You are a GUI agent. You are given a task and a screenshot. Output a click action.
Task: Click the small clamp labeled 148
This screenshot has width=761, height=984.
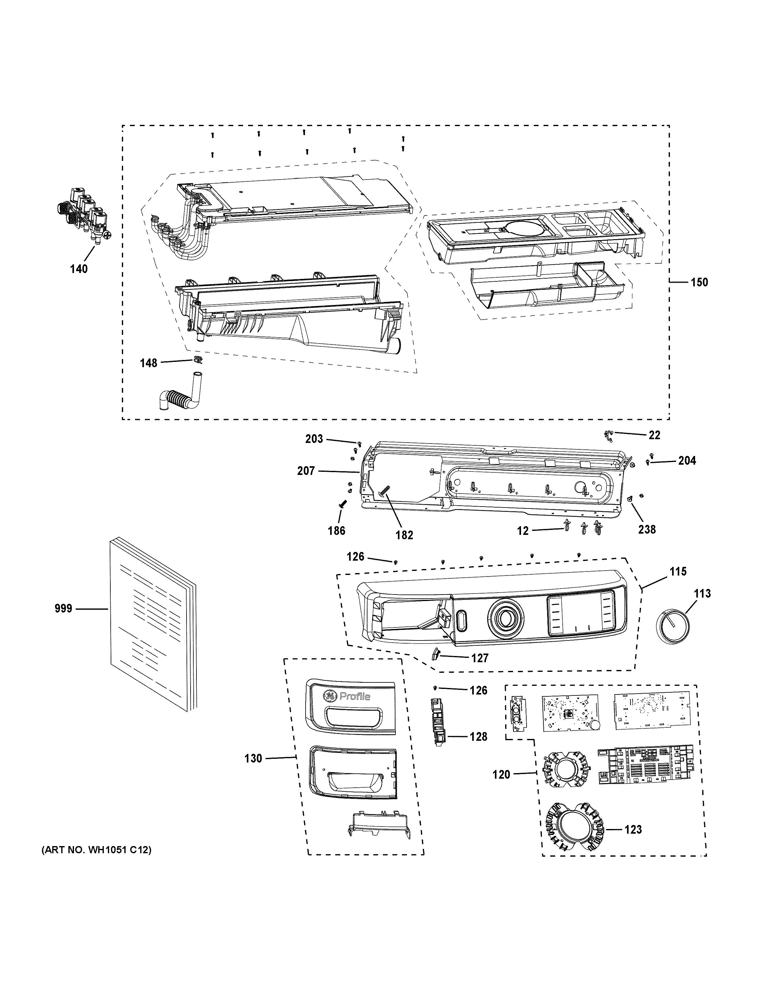pos(197,360)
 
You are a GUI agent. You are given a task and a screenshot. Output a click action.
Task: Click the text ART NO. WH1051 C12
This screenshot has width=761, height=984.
pos(96,850)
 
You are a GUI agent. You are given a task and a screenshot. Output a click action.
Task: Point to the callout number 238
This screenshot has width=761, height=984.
pos(647,529)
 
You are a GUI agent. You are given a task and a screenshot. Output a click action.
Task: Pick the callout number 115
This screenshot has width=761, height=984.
pos(678,572)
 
